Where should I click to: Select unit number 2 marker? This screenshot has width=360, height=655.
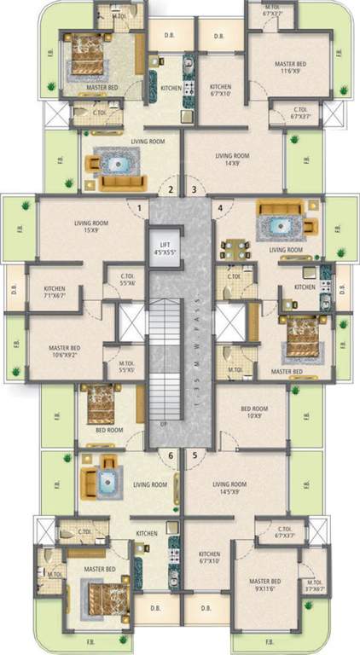(x=171, y=189)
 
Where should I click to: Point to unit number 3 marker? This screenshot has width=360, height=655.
(x=194, y=189)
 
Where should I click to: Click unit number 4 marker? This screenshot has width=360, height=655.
(x=220, y=206)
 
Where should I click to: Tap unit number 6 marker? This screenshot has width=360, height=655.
(x=171, y=455)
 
